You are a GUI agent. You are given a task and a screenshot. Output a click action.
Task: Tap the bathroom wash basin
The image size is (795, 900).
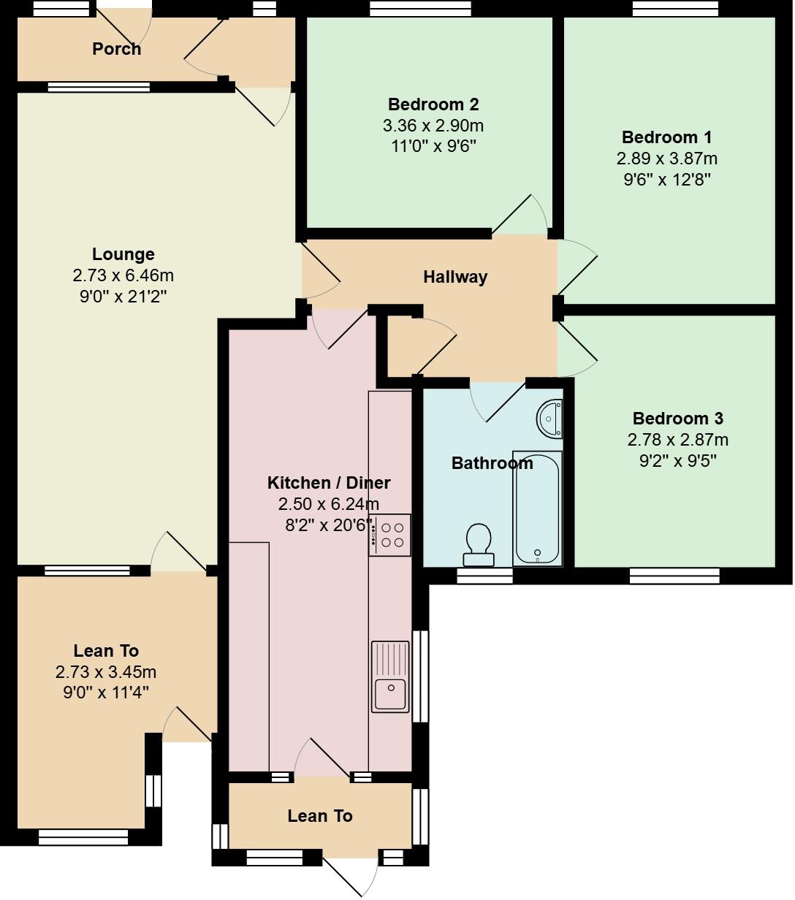pos(549,419)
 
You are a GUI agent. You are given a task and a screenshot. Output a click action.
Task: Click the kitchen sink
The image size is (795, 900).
pos(390,676)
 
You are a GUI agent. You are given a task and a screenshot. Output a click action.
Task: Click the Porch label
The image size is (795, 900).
pos(116,49)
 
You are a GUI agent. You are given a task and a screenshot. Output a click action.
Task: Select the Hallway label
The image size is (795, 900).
pos(455,277)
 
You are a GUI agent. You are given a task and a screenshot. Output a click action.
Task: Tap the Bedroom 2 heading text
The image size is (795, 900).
pos(433,104)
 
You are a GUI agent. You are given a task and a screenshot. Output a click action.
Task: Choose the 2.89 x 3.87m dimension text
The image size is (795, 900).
pos(666,159)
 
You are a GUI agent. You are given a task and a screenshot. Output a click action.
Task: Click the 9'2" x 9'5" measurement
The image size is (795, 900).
pos(677,460)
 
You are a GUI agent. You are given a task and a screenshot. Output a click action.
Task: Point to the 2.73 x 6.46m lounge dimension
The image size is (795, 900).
pos(123,275)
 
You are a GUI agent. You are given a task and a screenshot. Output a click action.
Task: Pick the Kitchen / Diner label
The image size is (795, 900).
pos(328,483)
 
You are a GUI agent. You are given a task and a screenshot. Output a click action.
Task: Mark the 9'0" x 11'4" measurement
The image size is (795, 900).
pos(106,693)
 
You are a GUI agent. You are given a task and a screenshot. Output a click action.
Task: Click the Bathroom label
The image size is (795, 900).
pos(492,463)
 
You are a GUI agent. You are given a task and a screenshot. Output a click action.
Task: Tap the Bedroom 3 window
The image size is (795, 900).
pos(674,576)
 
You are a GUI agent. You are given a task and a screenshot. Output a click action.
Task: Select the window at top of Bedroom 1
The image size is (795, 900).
pos(676,8)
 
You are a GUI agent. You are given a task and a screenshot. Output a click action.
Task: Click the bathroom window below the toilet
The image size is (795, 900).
pos(484,576)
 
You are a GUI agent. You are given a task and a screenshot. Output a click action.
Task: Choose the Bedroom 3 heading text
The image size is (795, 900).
pos(677,419)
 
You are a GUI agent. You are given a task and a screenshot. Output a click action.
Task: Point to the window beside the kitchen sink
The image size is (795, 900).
pos(420,676)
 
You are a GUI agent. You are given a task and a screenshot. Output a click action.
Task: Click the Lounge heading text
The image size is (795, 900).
pos(123,254)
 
